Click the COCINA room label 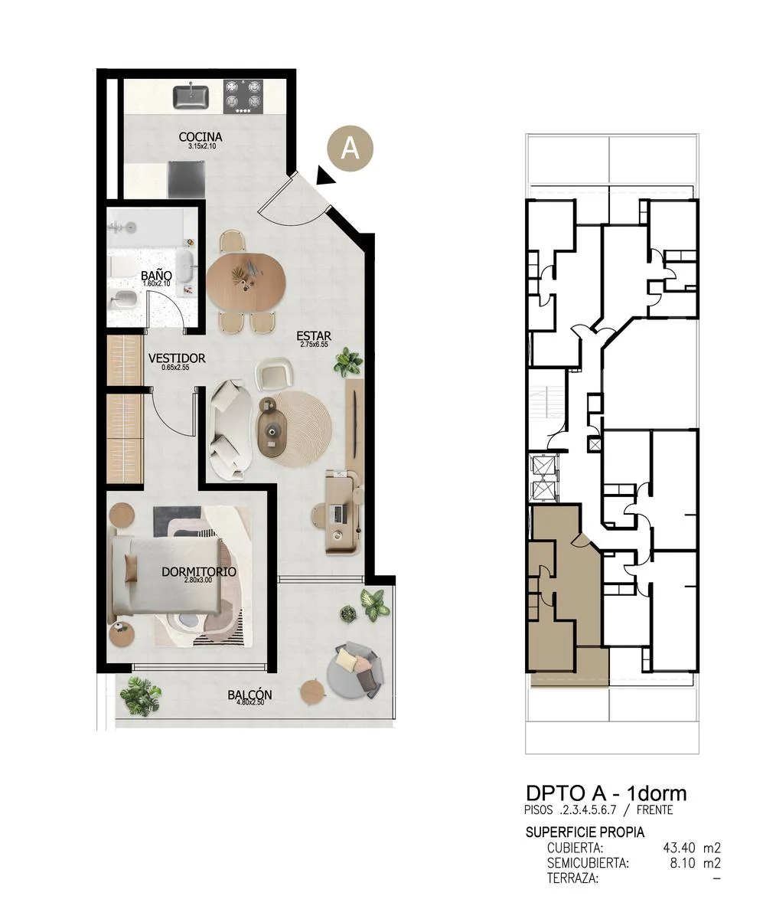[x=200, y=136]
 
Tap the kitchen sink [x=191, y=97]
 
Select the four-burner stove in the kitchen [x=243, y=96]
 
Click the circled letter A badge [x=351, y=149]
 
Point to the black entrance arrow [x=325, y=175]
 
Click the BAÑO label [x=156, y=276]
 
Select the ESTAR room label [x=314, y=337]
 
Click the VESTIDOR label [x=177, y=358]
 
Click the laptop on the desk [x=337, y=513]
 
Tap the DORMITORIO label [x=199, y=572]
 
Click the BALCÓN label [x=249, y=695]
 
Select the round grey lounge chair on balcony [x=355, y=670]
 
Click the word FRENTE [x=655, y=809]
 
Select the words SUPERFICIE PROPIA [x=585, y=832]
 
